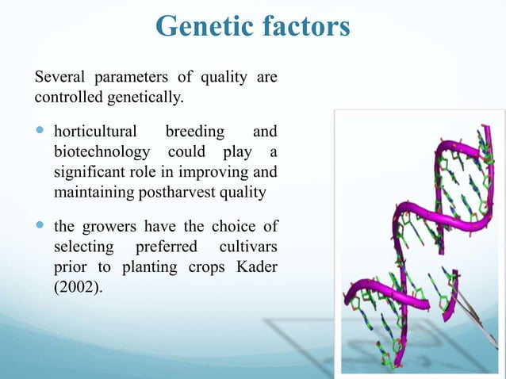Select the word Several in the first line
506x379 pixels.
tap(61, 78)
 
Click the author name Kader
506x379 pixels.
tap(256, 266)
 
